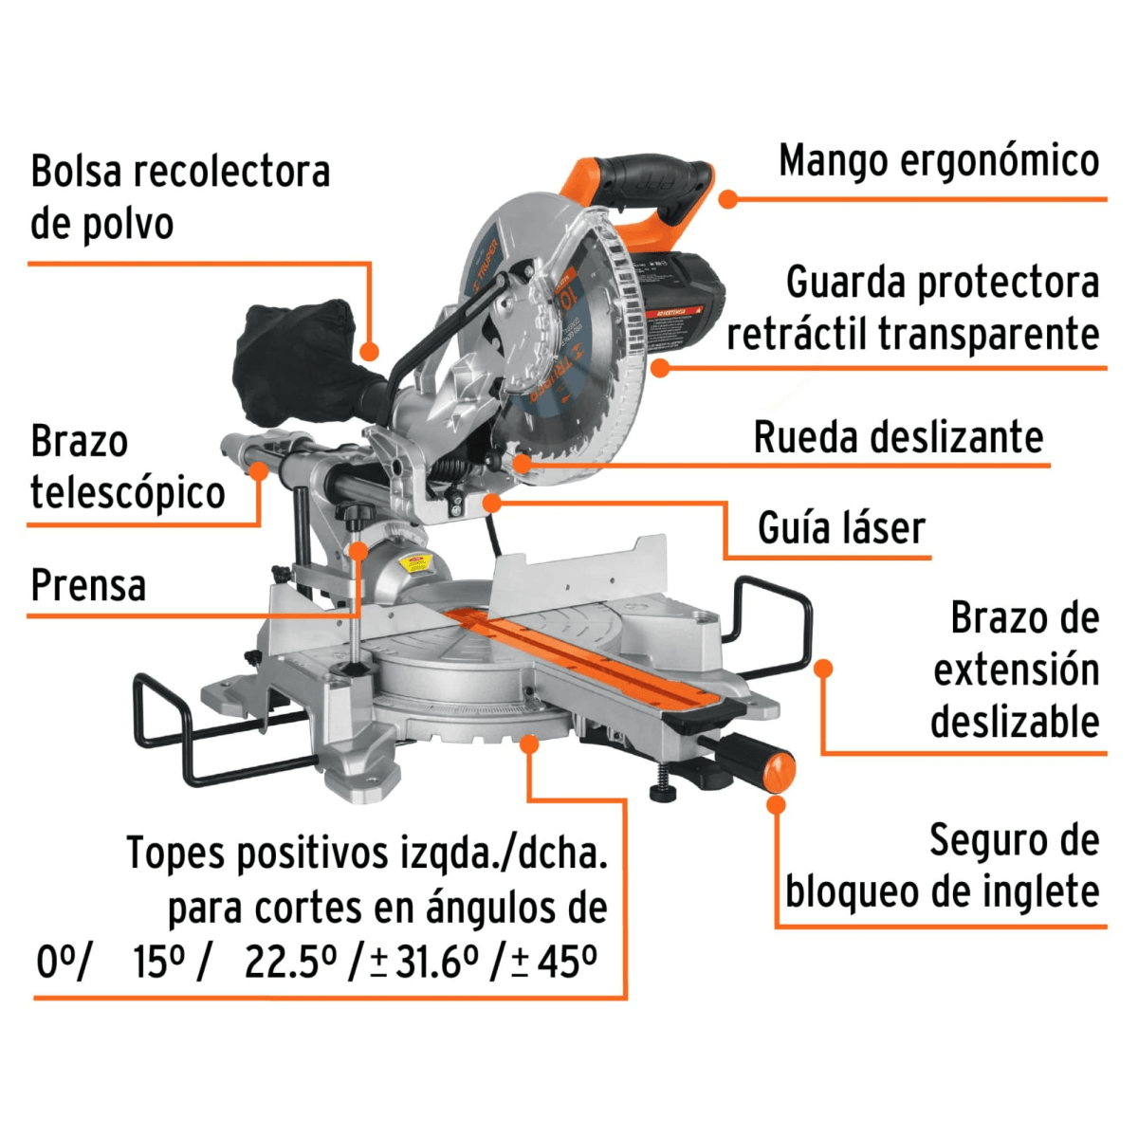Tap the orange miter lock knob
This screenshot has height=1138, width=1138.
pyautogui.click(x=778, y=769)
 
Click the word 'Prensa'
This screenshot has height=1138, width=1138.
pyautogui.click(x=88, y=585)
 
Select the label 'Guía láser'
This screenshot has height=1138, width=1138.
pyautogui.click(x=841, y=528)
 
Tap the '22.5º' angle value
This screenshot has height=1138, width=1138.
pyautogui.click(x=290, y=962)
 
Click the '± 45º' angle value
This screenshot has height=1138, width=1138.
pyautogui.click(x=555, y=962)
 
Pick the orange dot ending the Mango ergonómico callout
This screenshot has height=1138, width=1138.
pyautogui.click(x=727, y=199)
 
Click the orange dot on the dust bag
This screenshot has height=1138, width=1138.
pyautogui.click(x=371, y=352)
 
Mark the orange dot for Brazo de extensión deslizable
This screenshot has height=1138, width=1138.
pyautogui.click(x=823, y=669)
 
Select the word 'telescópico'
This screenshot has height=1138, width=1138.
pyautogui.click(x=127, y=493)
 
